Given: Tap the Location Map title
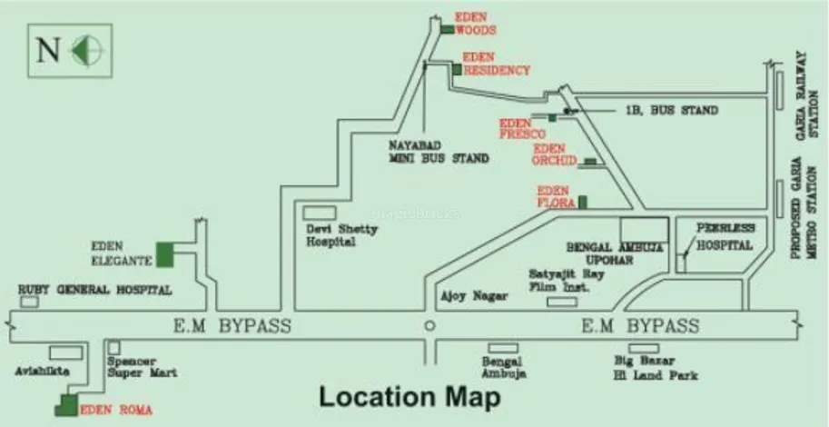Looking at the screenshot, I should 409,397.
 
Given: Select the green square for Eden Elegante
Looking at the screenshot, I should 165,254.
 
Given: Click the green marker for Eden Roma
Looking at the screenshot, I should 67,406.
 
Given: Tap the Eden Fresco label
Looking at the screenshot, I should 520,128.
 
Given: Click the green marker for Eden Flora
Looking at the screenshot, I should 583,201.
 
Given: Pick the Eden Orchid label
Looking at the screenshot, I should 555,154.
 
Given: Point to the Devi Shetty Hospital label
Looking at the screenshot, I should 340,236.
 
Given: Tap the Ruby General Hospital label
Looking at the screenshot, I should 95,291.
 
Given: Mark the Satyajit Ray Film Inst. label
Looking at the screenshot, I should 560,280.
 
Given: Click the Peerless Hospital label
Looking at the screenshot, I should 724,237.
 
